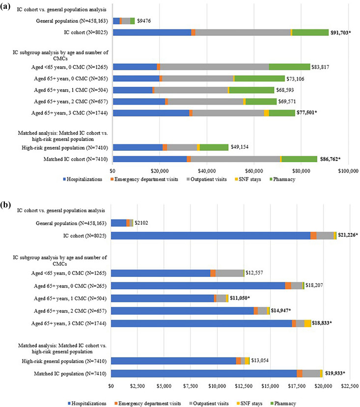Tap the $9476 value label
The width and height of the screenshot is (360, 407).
pos(144,21)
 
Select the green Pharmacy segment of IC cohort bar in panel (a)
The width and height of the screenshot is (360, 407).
pos(310,32)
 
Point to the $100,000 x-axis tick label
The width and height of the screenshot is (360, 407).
pos(348,171)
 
